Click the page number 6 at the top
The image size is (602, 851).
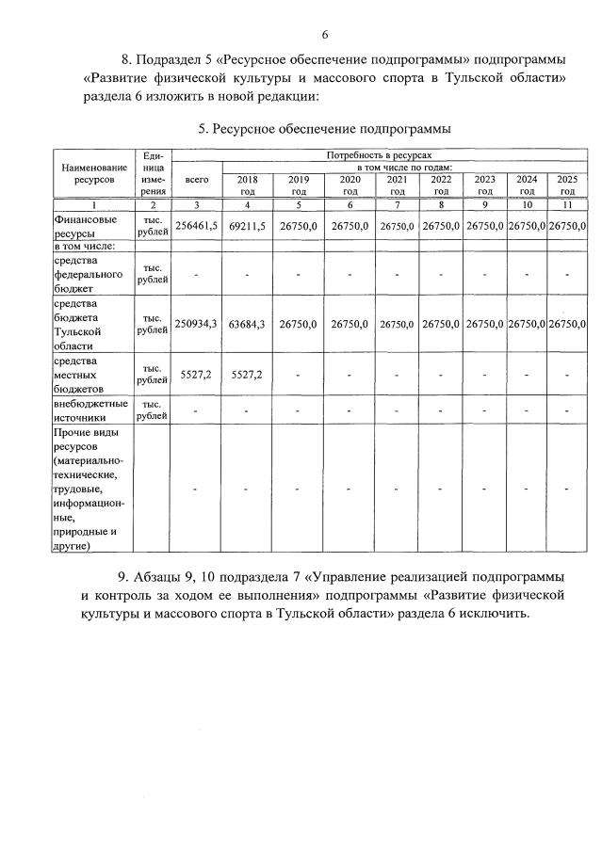[324, 35]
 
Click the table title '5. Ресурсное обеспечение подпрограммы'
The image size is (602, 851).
[324, 128]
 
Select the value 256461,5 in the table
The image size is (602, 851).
[197, 226]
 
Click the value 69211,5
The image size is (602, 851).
[247, 226]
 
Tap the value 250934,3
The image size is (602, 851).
[197, 323]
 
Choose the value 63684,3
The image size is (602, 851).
[247, 323]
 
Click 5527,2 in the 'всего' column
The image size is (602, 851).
[197, 374]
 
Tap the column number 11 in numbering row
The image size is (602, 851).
[566, 204]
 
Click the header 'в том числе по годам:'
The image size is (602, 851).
[404, 166]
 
